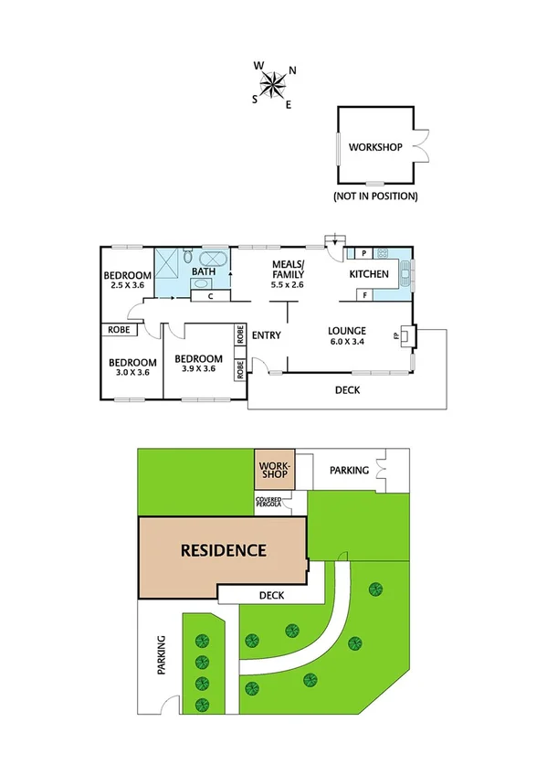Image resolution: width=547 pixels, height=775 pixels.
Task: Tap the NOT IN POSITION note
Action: tap(375, 196)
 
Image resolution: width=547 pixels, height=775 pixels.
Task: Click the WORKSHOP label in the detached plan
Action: tap(375, 146)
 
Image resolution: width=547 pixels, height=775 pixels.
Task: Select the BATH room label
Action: tap(204, 271)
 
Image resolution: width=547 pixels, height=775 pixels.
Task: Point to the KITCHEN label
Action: tap(369, 274)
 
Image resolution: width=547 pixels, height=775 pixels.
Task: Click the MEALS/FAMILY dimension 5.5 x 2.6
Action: tap(289, 284)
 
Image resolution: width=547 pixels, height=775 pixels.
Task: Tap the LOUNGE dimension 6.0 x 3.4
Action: tap(348, 343)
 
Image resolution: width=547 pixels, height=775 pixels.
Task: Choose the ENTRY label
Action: tap(267, 335)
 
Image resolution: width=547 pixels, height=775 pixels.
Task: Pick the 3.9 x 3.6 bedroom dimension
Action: tap(199, 369)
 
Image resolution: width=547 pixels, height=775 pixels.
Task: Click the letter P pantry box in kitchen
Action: tap(363, 253)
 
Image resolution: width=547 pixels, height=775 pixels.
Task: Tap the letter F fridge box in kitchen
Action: tap(363, 295)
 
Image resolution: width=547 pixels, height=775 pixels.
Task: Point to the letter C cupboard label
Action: tap(210, 295)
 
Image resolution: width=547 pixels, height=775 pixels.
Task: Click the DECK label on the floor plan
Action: tap(347, 390)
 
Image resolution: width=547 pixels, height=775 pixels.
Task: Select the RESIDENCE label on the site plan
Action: tap(223, 550)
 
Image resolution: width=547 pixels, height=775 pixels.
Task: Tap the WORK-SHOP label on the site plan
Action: tap(273, 470)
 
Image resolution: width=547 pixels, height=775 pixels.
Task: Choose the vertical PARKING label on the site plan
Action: tap(161, 654)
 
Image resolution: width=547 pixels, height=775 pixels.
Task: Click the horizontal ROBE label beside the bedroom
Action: tap(120, 329)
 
